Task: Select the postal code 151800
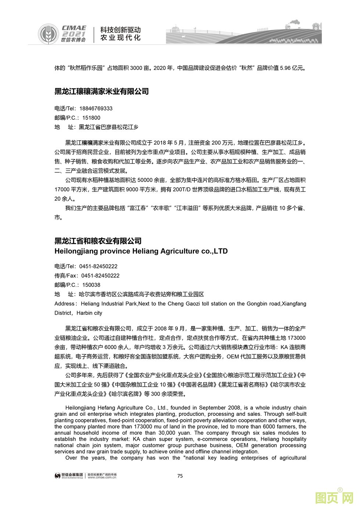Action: (91, 118)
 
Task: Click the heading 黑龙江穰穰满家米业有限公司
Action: (101, 91)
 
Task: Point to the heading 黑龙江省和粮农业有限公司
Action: (98, 241)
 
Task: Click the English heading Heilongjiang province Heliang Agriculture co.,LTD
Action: (141, 251)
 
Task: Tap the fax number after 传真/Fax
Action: (100, 275)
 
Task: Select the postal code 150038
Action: (91, 285)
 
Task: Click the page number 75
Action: (180, 476)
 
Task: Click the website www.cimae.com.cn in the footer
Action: (102, 478)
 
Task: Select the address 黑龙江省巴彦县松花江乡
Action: (109, 127)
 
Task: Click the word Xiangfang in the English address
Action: (294, 304)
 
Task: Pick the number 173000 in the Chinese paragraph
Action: (298, 337)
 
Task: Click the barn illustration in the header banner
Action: (316, 26)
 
